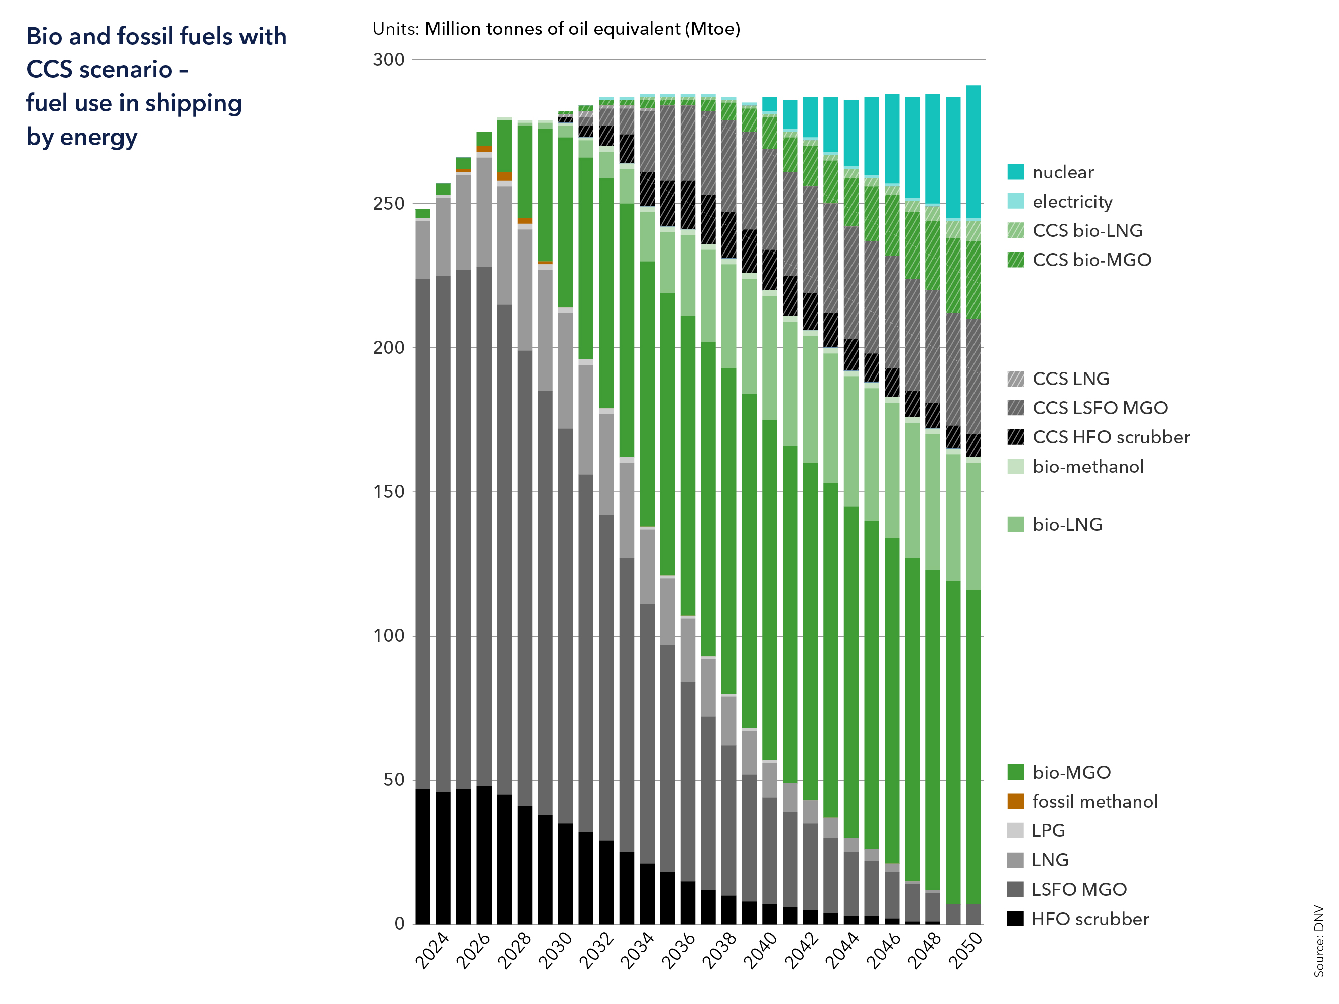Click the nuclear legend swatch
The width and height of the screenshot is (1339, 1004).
pyautogui.click(x=1015, y=172)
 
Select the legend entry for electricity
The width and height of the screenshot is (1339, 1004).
pyautogui.click(x=1072, y=201)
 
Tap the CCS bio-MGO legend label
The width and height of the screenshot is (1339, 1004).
pyautogui.click(x=1091, y=260)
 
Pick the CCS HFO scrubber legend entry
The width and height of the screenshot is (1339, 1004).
pyautogui.click(x=1111, y=437)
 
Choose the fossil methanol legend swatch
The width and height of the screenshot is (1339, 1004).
pyautogui.click(x=1015, y=801)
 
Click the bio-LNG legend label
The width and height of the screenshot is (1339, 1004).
pyautogui.click(x=1067, y=524)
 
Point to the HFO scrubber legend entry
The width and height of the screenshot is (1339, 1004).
pyautogui.click(x=1089, y=919)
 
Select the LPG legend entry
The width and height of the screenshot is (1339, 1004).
pyautogui.click(x=1048, y=830)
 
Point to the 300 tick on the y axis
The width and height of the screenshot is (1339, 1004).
pyautogui.click(x=389, y=59)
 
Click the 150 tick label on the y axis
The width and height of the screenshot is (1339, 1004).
pyautogui.click(x=389, y=491)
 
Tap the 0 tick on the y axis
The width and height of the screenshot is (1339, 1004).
pyautogui.click(x=399, y=924)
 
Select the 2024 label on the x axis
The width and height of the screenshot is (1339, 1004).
pyautogui.click(x=432, y=951)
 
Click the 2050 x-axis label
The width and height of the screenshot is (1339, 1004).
pyautogui.click(x=965, y=951)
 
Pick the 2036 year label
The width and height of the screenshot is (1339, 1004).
pyautogui.click(x=678, y=951)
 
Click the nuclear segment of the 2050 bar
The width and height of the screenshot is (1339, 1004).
pyautogui.click(x=973, y=151)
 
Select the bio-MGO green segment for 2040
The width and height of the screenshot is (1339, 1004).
pyautogui.click(x=769, y=590)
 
